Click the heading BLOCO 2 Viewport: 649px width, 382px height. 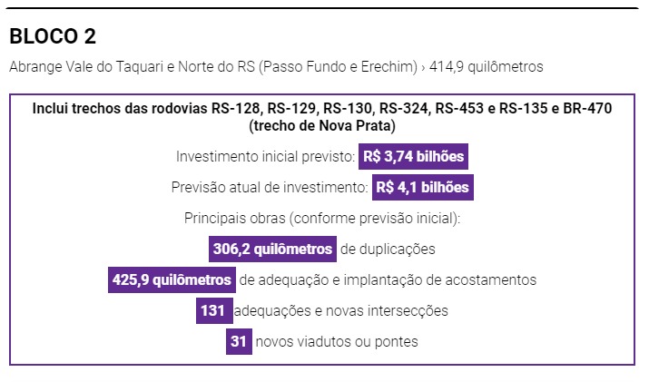(53, 36)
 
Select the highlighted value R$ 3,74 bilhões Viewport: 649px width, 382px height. (413, 156)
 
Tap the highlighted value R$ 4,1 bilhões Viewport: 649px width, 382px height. (423, 188)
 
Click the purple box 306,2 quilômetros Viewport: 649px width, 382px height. (272, 249)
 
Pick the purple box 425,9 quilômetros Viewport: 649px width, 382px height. (172, 279)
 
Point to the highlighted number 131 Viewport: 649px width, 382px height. (214, 310)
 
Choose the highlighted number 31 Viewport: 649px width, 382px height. (239, 341)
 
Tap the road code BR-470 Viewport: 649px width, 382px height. (585, 109)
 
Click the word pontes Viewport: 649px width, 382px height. (398, 341)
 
